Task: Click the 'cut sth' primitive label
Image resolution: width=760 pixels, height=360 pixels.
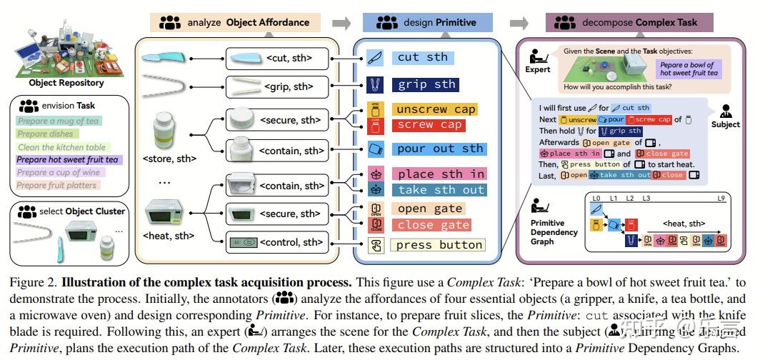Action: pyautogui.click(x=422, y=57)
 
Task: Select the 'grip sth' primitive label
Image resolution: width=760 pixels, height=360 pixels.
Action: pyautogui.click(x=426, y=84)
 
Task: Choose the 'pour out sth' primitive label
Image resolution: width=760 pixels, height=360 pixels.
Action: pyautogui.click(x=440, y=149)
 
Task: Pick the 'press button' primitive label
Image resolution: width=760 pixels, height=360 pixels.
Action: pyautogui.click(x=439, y=245)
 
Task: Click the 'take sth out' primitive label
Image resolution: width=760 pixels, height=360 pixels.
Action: pyautogui.click(x=441, y=190)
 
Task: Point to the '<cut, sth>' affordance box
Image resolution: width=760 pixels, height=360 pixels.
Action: pyautogui.click(x=278, y=57)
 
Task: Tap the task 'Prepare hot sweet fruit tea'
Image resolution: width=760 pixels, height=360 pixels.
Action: pyautogui.click(x=68, y=159)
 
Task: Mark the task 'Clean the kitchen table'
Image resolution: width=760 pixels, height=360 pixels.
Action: pyautogui.click(x=63, y=147)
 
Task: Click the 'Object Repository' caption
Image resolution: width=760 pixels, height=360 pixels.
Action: pyautogui.click(x=66, y=83)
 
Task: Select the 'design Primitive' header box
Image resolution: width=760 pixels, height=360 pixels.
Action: pyautogui.click(x=427, y=22)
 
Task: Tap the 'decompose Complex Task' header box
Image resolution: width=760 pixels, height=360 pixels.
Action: pyautogui.click(x=630, y=22)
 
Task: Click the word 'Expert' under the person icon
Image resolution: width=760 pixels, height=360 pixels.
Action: pyautogui.click(x=538, y=69)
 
